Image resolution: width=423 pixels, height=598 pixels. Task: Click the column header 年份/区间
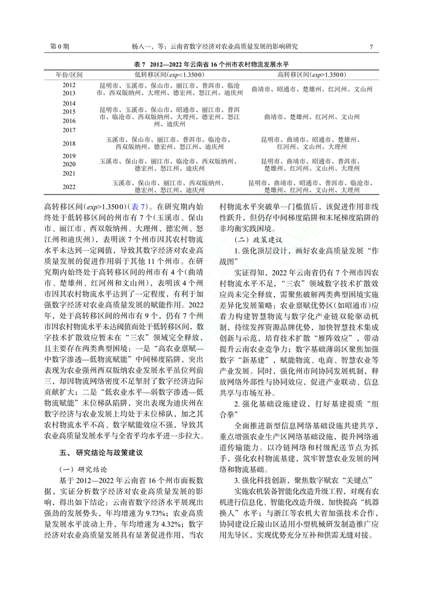coord(68,74)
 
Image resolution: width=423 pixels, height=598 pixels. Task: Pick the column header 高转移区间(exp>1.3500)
coord(311,74)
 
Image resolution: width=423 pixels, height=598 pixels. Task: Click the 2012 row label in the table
coord(68,85)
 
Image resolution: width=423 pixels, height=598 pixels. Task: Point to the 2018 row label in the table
coord(68,143)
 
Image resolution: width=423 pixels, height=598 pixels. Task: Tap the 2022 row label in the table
coord(68,187)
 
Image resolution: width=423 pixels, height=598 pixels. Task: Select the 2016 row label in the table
coord(68,121)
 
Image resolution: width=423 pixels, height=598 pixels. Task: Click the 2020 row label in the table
coord(68,165)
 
